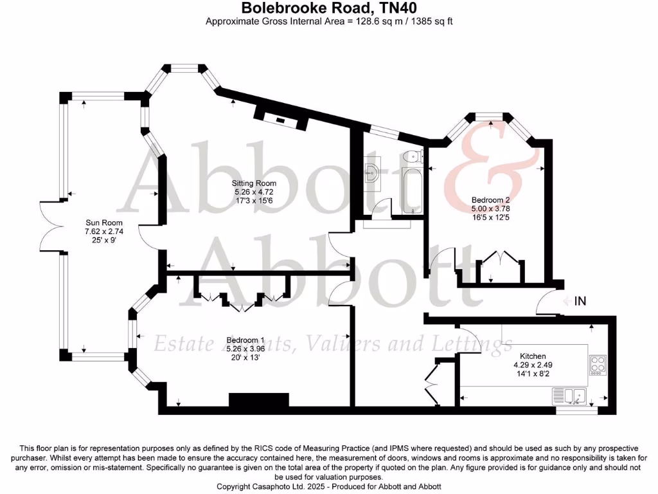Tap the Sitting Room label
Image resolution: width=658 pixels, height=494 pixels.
[254, 183]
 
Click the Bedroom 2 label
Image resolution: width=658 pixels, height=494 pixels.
[490, 200]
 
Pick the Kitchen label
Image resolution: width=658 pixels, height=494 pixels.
[533, 356]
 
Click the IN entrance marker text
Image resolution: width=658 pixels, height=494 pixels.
[580, 300]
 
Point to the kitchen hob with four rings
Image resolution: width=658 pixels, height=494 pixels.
[597, 365]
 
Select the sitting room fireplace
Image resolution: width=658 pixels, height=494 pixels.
[281, 118]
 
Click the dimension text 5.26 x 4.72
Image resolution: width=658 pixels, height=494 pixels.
[254, 192]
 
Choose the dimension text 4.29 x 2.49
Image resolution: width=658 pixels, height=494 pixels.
[533, 365]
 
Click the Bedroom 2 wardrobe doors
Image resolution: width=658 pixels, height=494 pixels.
[500, 259]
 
